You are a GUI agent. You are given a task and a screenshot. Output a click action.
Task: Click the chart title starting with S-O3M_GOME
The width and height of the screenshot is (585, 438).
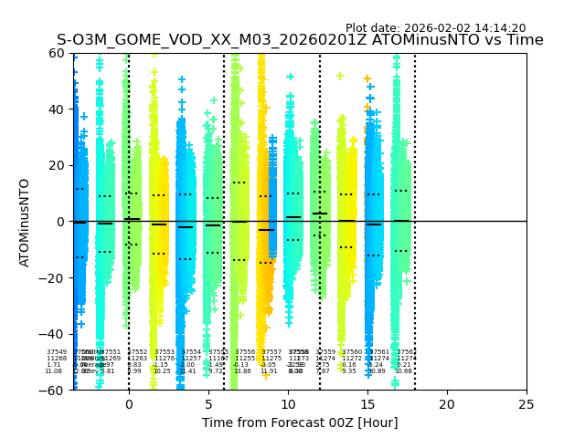coord(300,40)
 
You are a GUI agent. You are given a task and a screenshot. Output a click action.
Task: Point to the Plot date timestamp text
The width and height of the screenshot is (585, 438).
coord(435,28)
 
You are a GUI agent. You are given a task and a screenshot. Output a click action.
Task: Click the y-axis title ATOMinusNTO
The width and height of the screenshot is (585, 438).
coord(25,222)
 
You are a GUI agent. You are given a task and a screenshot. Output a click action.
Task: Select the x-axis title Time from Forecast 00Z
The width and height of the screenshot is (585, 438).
coord(300,422)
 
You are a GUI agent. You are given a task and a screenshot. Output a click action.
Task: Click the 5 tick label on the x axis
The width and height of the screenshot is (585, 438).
coord(208,403)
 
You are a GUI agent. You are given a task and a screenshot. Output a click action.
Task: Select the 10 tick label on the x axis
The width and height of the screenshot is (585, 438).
coord(288,403)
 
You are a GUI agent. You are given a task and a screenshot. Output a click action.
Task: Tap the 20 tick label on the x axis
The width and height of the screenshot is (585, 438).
coord(447,403)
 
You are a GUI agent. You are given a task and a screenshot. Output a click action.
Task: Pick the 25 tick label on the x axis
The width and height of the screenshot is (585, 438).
coord(526,403)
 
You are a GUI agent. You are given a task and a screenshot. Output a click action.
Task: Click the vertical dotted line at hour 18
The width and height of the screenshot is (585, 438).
coord(415,182)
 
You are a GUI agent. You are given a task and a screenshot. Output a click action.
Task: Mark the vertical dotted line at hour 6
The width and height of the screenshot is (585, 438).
coord(224,182)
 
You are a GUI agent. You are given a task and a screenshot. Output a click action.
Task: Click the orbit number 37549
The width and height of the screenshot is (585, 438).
coord(57,352)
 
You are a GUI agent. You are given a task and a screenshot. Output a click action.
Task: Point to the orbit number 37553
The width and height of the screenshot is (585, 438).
coord(164,352)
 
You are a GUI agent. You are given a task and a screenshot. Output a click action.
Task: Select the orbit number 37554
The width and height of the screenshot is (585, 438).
coord(191,352)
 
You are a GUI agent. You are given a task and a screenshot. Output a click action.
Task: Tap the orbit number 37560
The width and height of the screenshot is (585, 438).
coord(352,352)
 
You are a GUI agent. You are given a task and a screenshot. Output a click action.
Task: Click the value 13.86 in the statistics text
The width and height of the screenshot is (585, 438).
coord(242,371)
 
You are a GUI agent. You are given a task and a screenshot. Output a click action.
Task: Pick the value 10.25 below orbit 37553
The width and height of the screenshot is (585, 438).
coord(162,371)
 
